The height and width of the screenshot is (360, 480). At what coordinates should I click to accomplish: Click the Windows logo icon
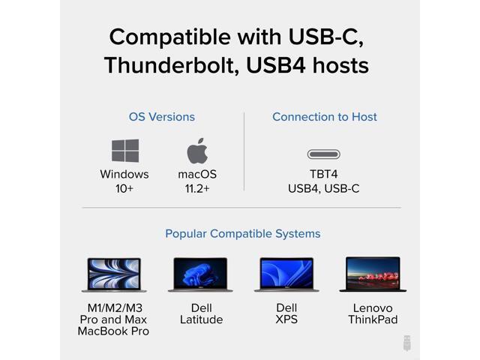[x=125, y=151]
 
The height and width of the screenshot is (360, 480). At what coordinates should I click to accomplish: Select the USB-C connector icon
[x=324, y=154]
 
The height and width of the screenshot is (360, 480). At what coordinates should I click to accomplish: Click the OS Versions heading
[x=162, y=117]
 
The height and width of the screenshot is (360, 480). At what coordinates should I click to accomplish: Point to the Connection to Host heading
[x=325, y=117]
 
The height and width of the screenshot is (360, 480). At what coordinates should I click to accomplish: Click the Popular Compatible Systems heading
[x=243, y=234]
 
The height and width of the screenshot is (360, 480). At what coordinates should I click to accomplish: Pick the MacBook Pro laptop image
[x=114, y=274]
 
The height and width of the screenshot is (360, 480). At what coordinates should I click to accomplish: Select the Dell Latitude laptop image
[x=200, y=274]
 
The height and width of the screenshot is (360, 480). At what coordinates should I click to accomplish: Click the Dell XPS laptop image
[x=286, y=274]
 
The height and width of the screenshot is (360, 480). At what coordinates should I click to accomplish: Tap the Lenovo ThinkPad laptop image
[x=373, y=274]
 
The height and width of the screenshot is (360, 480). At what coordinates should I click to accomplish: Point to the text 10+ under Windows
[x=124, y=188]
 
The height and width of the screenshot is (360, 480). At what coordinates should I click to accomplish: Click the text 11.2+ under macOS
[x=197, y=188]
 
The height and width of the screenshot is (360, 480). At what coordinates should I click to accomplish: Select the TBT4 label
[x=324, y=174]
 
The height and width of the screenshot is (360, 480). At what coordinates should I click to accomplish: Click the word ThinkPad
[x=373, y=319]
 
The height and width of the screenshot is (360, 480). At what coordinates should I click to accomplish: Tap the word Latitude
[x=201, y=319]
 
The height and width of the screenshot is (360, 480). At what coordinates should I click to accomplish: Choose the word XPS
[x=286, y=319]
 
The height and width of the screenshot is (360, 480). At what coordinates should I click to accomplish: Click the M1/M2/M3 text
[x=113, y=308]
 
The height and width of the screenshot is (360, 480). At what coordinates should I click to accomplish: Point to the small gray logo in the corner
[x=407, y=343]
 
